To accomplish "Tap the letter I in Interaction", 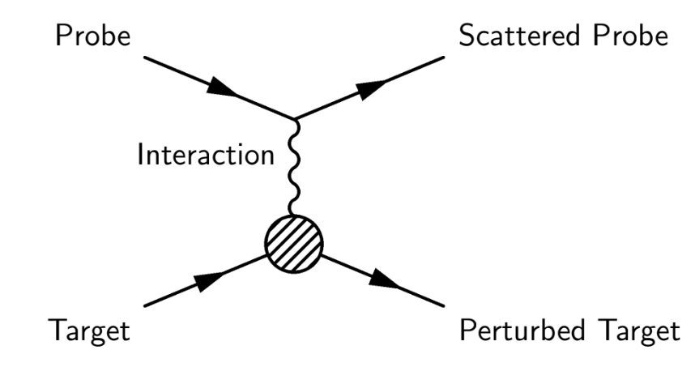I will tap(139, 155).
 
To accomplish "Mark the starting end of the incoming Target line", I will tap(143, 305).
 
